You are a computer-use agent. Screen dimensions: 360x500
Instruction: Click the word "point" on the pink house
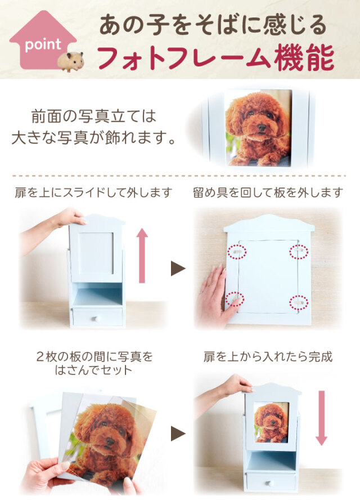tap(43, 44)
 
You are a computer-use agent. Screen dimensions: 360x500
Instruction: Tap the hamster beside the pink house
tap(71, 61)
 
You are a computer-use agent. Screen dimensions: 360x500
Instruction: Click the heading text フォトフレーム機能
tap(215, 58)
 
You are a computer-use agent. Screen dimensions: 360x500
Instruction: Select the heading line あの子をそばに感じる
tap(213, 25)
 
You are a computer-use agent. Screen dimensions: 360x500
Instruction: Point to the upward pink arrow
tap(142, 256)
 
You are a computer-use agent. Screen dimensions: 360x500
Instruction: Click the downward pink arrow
tap(321, 418)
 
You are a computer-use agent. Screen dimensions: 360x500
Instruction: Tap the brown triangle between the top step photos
tap(178, 268)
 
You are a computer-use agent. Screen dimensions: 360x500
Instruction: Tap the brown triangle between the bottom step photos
tap(178, 434)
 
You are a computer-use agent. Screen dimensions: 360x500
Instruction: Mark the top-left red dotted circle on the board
tap(237, 252)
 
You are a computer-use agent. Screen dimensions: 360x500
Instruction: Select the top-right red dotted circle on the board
tap(299, 252)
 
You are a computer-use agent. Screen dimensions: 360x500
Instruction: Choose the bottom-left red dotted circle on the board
tap(235, 299)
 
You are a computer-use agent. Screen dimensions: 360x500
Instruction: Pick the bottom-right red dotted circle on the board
tap(299, 302)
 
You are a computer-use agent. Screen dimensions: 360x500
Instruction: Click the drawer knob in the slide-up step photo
tap(95, 318)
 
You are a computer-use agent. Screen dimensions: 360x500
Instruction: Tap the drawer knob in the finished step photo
tap(269, 483)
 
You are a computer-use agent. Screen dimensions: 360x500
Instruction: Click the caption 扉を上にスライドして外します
tap(93, 193)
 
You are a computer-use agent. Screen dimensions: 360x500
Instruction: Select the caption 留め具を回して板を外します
tap(268, 193)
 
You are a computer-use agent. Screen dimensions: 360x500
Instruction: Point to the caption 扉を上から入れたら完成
tap(268, 357)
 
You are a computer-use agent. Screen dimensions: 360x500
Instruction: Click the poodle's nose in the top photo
tap(262, 128)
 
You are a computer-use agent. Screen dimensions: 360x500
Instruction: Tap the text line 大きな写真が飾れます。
tap(93, 138)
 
